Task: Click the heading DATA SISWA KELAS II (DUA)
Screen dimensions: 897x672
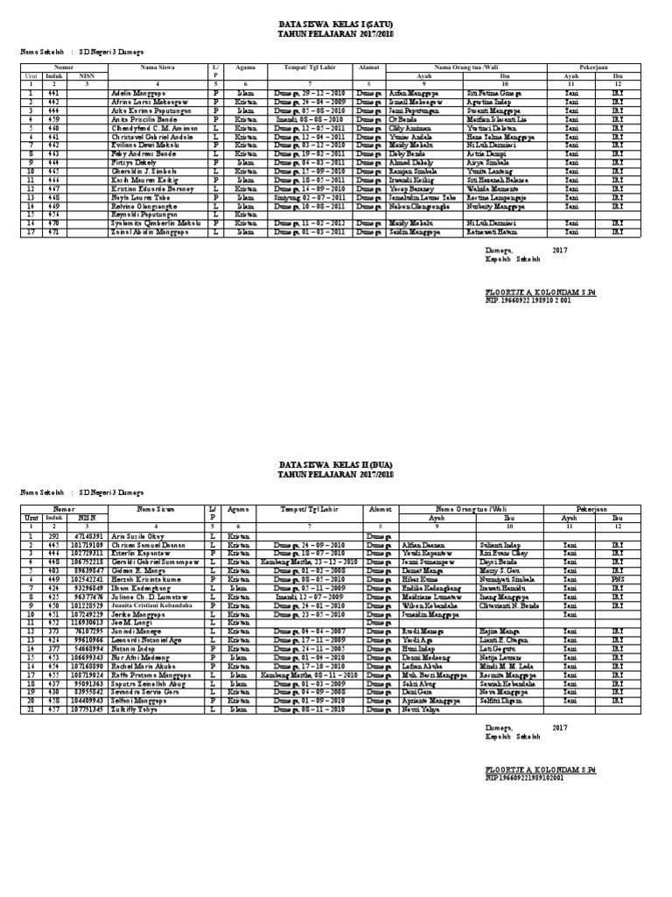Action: tap(336, 466)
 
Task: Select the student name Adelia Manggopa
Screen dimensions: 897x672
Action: tap(137, 92)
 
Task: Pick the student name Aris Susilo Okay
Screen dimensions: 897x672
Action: tap(136, 534)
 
